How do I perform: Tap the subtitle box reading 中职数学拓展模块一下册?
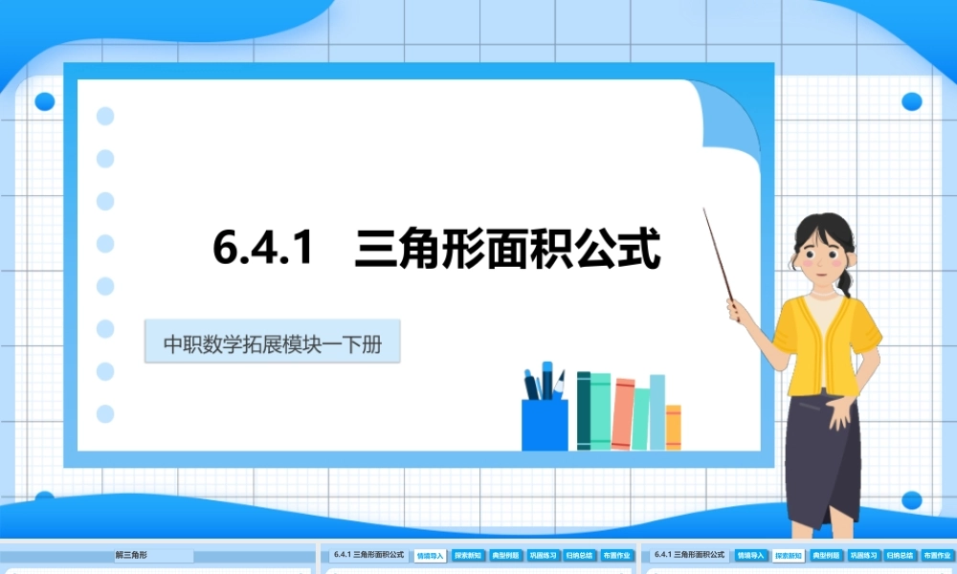(272, 343)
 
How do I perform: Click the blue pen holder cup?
(544, 425)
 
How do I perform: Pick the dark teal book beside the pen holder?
(584, 411)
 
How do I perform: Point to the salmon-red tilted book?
(623, 414)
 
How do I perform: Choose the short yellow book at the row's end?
(673, 427)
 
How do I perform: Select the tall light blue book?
(657, 411)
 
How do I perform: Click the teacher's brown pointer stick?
(719, 255)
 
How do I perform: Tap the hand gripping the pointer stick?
(738, 309)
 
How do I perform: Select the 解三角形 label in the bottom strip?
(131, 555)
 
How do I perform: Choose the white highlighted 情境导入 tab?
(431, 555)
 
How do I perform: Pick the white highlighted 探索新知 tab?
(790, 555)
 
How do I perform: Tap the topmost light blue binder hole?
(105, 116)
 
